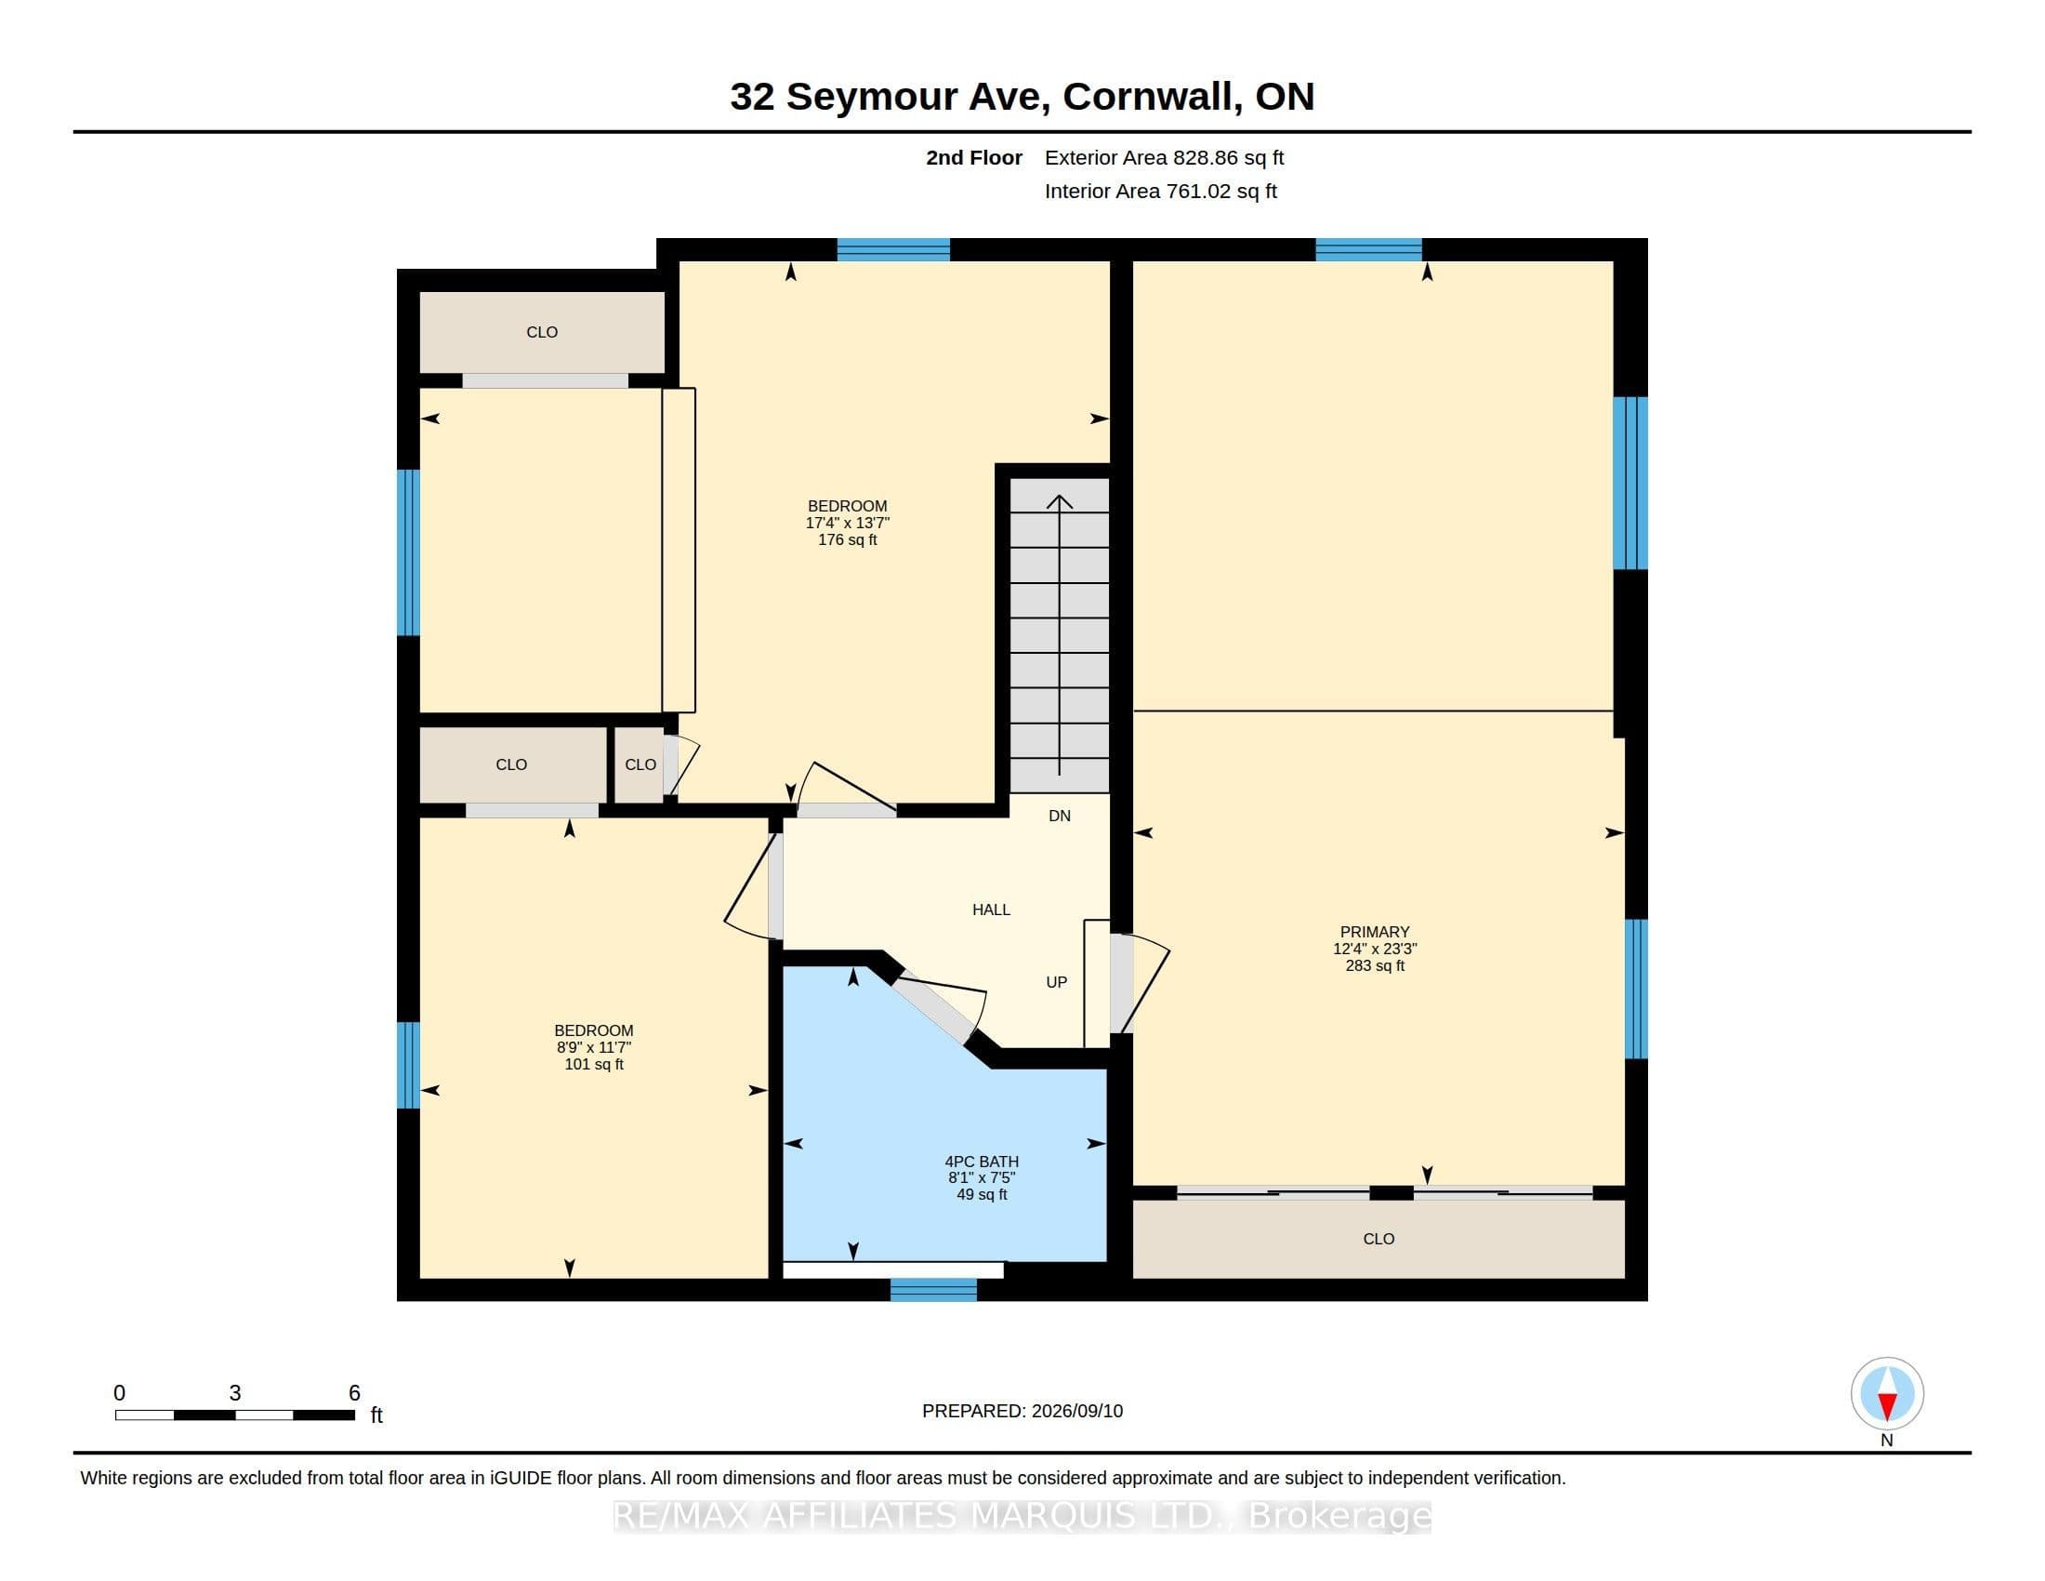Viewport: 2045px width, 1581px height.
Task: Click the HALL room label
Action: (991, 910)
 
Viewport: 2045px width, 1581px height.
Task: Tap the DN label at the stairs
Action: (1059, 816)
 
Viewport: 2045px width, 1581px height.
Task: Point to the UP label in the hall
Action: (1056, 982)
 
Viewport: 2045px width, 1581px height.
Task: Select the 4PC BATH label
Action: (982, 1162)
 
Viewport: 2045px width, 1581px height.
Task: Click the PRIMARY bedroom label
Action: (1375, 932)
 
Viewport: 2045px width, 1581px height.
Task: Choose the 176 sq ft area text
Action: (848, 539)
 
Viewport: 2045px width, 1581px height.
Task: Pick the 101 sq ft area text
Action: (594, 1064)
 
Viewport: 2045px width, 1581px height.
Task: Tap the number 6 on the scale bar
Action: (354, 1393)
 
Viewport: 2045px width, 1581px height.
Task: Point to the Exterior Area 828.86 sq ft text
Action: (1164, 158)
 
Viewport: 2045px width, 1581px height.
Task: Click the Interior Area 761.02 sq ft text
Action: (1160, 191)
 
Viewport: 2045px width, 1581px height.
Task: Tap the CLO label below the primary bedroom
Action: (1379, 1239)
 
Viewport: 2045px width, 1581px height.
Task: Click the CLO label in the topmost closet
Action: (541, 333)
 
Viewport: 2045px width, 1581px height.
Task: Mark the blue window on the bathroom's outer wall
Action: (932, 1290)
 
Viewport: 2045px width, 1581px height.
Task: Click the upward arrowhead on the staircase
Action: (1059, 501)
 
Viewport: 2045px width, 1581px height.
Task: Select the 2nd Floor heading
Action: (974, 158)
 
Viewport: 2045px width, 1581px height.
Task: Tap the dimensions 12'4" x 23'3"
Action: (1375, 949)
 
